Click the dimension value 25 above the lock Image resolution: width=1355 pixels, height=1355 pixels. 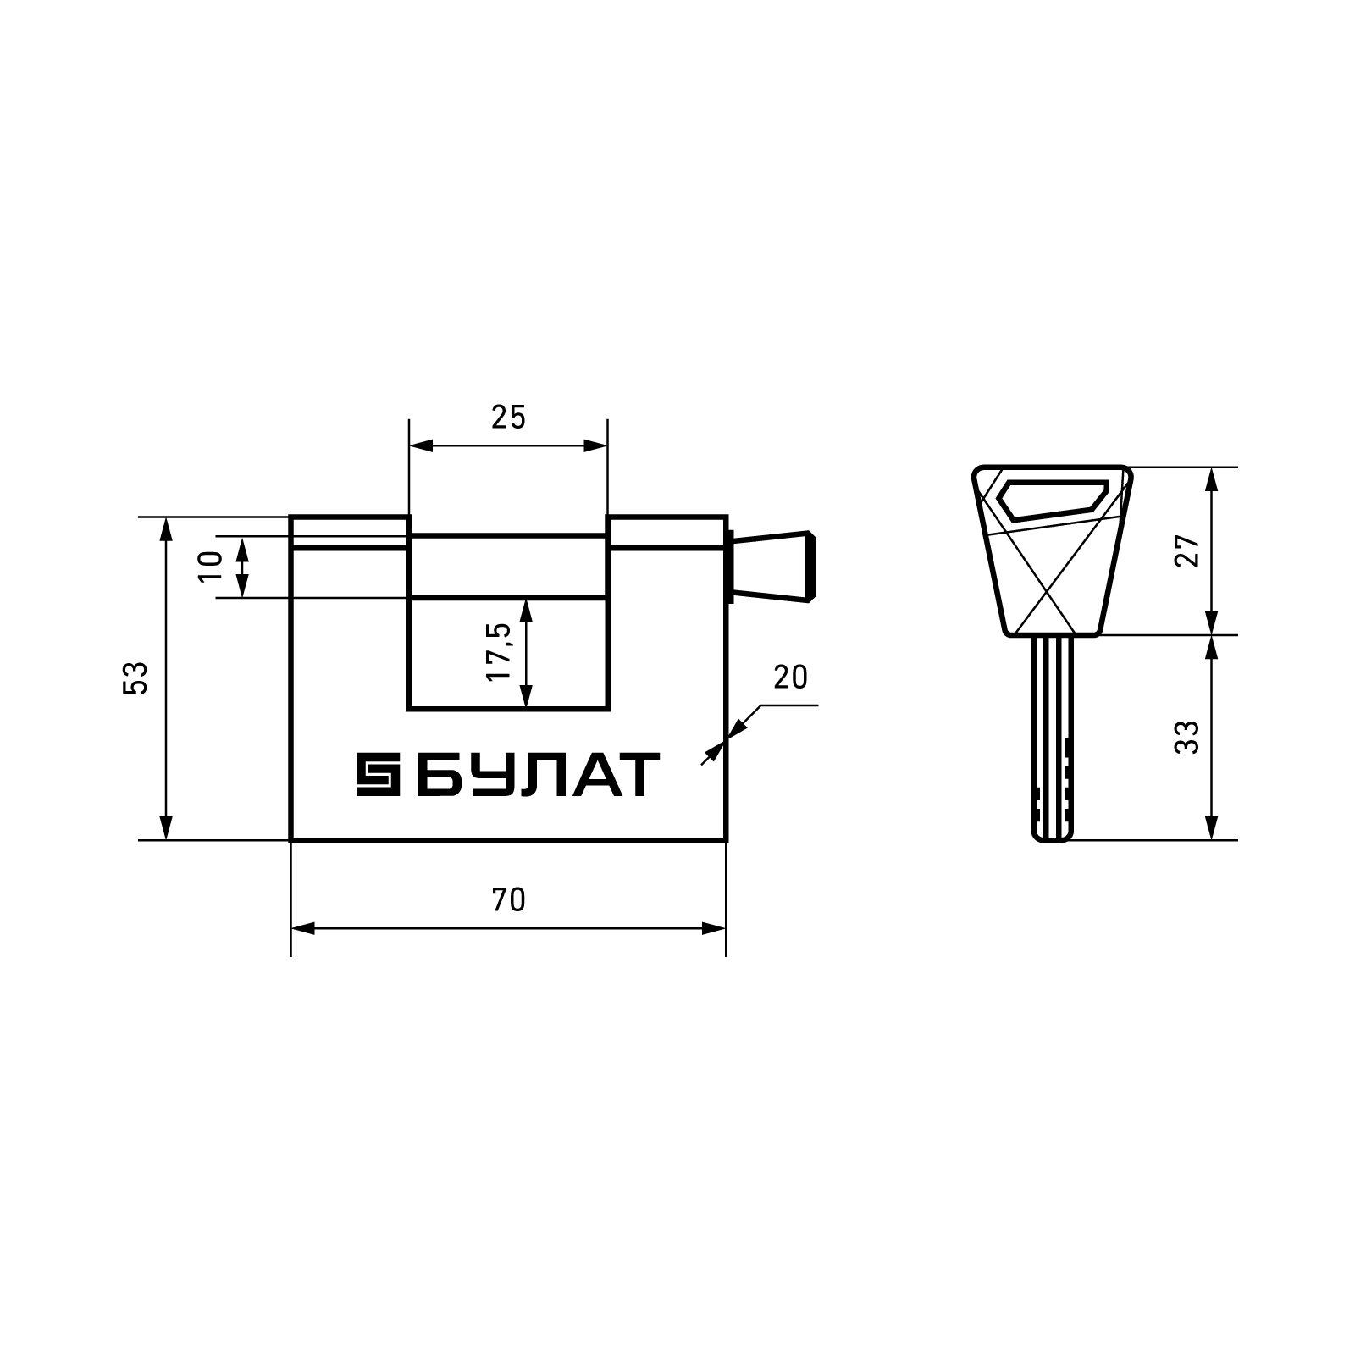(508, 418)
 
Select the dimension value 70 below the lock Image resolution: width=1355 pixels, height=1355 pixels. (508, 900)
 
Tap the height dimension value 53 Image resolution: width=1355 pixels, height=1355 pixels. (135, 677)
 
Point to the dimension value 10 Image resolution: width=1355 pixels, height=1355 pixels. (211, 566)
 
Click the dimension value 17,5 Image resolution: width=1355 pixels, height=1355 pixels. (499, 652)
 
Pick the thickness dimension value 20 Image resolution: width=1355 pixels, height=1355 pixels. (790, 677)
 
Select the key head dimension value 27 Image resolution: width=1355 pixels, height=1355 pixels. (1189, 551)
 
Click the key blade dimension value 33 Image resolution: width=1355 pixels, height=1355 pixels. (1189, 738)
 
